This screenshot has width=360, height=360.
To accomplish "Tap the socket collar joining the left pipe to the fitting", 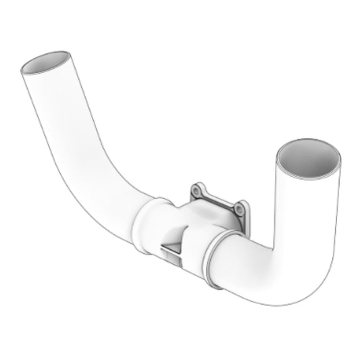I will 145,226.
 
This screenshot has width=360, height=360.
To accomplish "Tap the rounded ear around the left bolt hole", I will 193,188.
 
